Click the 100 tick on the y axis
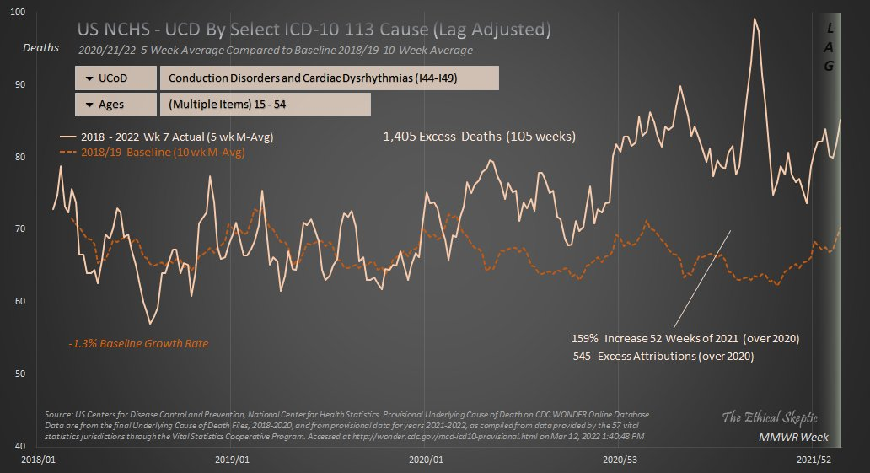coord(17,13)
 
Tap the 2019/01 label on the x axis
coord(232,460)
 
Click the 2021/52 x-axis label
coord(813,460)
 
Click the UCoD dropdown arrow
coord(89,78)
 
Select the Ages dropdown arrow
coord(89,105)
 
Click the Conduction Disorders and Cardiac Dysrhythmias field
coord(329,78)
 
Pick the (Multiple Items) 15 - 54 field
coord(265,105)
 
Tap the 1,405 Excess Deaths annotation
coord(479,137)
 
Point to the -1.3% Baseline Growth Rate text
coord(138,344)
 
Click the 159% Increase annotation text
coord(685,338)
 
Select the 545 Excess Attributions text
coord(663,356)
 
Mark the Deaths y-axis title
coord(40,48)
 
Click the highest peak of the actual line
coord(755,19)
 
